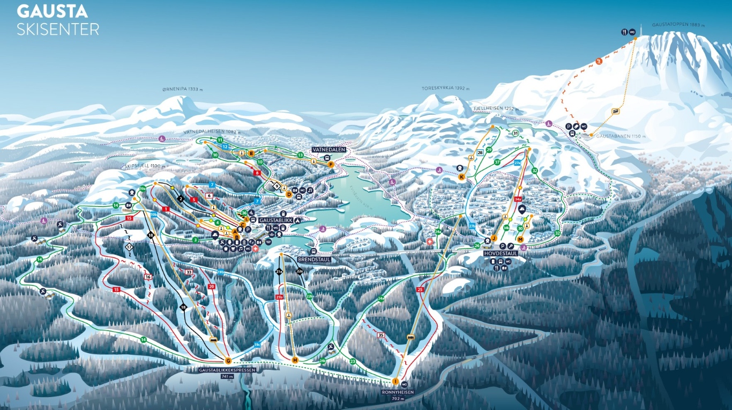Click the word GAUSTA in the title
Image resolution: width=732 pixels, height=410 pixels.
[x=53, y=11]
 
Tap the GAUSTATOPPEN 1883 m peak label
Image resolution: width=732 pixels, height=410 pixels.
[x=677, y=25]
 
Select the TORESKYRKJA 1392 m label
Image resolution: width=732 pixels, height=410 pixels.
[x=445, y=89]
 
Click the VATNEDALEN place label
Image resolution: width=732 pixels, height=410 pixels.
[x=331, y=150]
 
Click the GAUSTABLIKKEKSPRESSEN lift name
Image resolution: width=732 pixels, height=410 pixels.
[x=228, y=370]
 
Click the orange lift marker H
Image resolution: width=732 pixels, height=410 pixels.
[x=295, y=360]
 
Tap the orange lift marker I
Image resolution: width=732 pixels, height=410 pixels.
[x=395, y=382]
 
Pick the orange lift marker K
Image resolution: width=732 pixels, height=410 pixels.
[x=461, y=177]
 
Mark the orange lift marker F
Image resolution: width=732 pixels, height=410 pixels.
[x=331, y=164]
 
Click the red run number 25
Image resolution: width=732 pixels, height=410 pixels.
[x=420, y=290]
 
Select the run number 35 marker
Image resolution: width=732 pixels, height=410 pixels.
[x=381, y=335]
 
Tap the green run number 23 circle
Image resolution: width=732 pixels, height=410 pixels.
[x=353, y=361]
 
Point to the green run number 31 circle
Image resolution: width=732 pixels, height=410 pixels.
[x=515, y=133]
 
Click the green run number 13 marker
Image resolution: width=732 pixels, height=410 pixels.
[x=300, y=155]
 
